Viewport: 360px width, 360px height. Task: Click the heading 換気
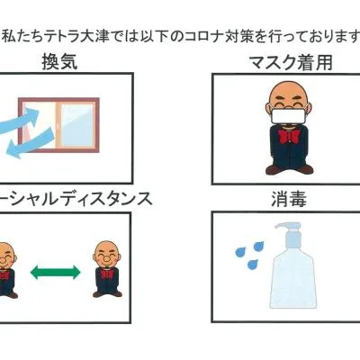point(59,62)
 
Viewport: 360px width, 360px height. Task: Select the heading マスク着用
point(291,62)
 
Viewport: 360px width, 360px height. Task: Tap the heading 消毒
point(289,199)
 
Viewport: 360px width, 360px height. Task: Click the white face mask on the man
point(289,116)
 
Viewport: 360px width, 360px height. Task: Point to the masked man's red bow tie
point(288,137)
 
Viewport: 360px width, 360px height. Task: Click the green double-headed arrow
point(56,272)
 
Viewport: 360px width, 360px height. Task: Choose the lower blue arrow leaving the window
point(30,142)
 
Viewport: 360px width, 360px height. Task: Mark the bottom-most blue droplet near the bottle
point(252,264)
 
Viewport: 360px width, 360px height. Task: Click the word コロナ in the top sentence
point(201,37)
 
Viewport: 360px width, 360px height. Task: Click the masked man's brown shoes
point(289,169)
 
